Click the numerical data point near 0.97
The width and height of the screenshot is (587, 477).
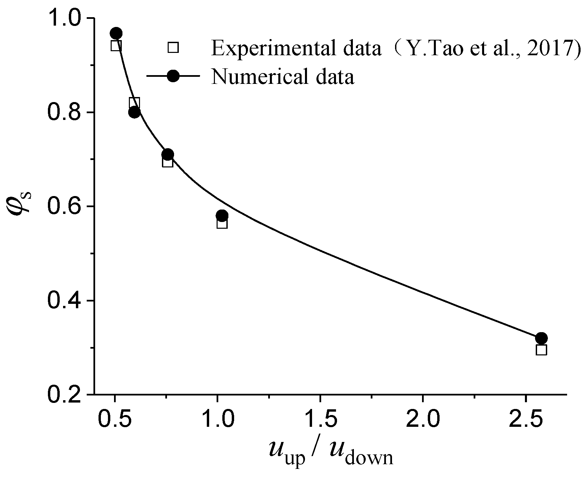click(x=116, y=33)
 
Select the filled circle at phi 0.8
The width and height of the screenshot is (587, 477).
click(x=134, y=112)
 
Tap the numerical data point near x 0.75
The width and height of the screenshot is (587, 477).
click(x=167, y=154)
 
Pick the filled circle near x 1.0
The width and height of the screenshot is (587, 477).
click(x=222, y=215)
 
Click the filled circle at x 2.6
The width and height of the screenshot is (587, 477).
click(x=541, y=338)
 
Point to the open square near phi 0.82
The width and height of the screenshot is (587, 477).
click(x=134, y=102)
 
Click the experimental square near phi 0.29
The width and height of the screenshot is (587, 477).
click(x=541, y=350)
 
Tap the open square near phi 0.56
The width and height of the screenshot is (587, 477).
click(x=222, y=223)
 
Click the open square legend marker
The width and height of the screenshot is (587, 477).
click(x=173, y=47)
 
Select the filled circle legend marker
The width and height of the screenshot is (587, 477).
click(x=173, y=76)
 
